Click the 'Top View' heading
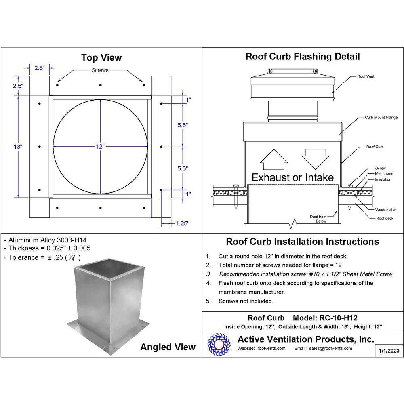[101, 57]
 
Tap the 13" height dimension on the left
[18, 147]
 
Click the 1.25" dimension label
[182, 223]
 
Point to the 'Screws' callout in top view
[100, 70]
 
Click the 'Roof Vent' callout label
[366, 76]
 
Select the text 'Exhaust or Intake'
[292, 177]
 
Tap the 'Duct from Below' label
[329, 219]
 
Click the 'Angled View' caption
[168, 347]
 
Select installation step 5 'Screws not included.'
[246, 301]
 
